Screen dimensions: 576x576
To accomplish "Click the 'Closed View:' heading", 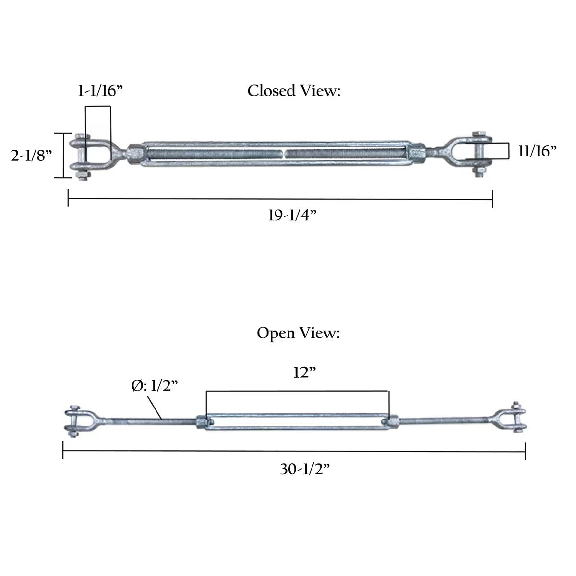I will point(294,91).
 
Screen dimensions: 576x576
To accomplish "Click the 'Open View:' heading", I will point(298,333).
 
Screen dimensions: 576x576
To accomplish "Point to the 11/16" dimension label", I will point(537,151).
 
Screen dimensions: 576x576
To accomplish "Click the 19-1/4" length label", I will point(293,216).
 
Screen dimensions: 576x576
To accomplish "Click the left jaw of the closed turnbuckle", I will point(91,155).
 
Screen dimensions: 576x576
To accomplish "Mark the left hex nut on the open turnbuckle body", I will point(202,421).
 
